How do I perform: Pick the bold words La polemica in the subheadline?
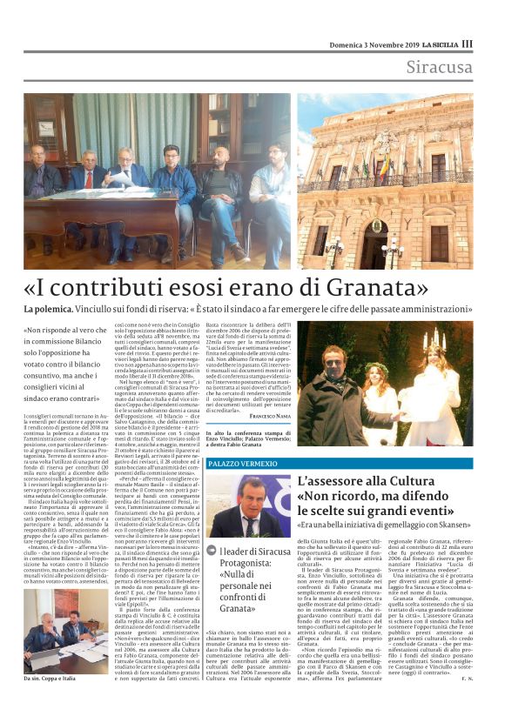click(x=50, y=310)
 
